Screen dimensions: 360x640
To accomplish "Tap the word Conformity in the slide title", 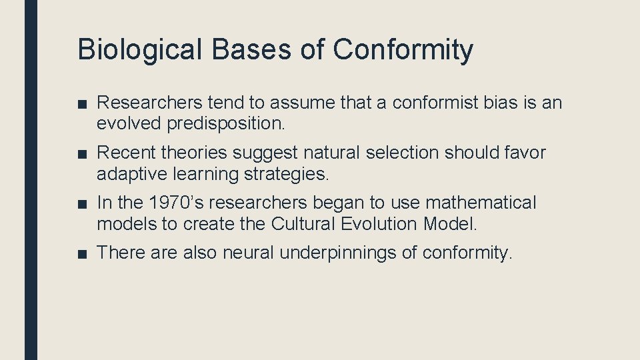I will point(403,51).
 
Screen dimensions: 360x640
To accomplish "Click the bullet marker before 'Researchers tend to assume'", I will point(83,103).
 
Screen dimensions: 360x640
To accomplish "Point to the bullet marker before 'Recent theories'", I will point(83,153).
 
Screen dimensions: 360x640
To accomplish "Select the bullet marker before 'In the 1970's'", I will point(83,203).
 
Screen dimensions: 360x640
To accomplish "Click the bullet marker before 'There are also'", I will point(83,253).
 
